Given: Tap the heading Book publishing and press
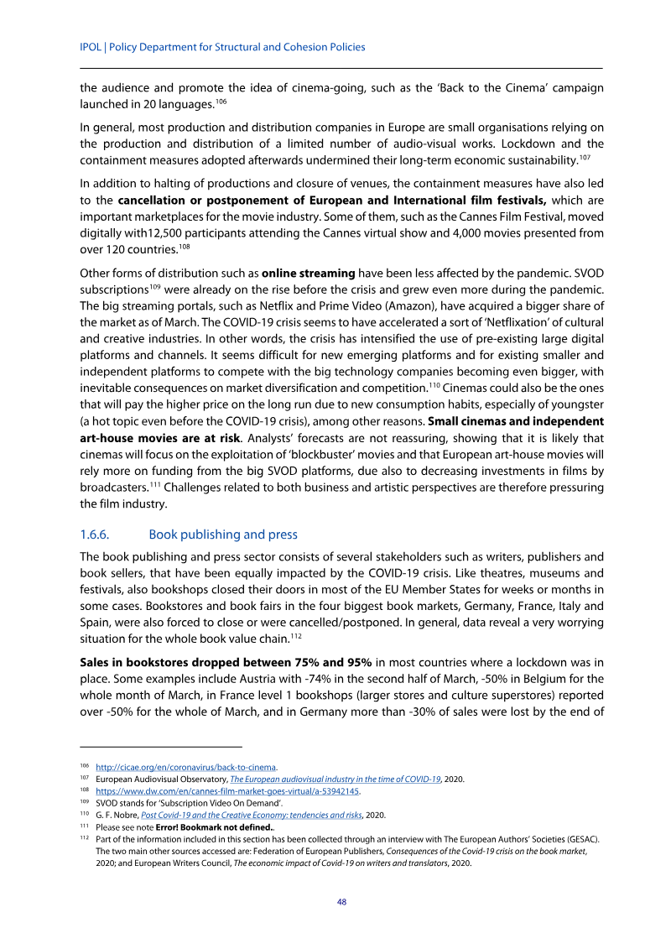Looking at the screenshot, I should (x=223, y=534).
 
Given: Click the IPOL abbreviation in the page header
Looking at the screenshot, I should (x=91, y=48).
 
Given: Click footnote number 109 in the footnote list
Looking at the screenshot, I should (x=84, y=802).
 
